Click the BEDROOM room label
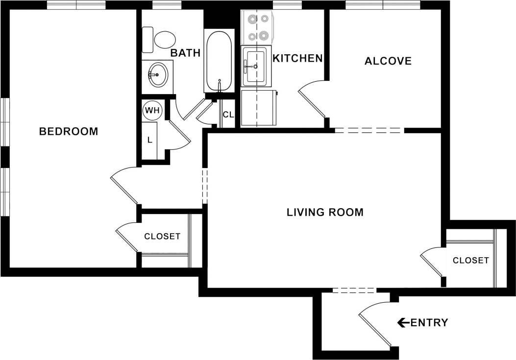point(69,131)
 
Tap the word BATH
point(185,53)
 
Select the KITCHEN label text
point(297,58)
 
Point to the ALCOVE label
point(388,61)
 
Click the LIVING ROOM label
point(325,212)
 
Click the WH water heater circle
point(152,110)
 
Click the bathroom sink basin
point(158,74)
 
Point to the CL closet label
point(228,115)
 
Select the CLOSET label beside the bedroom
point(162,236)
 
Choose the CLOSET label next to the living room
point(470,260)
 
